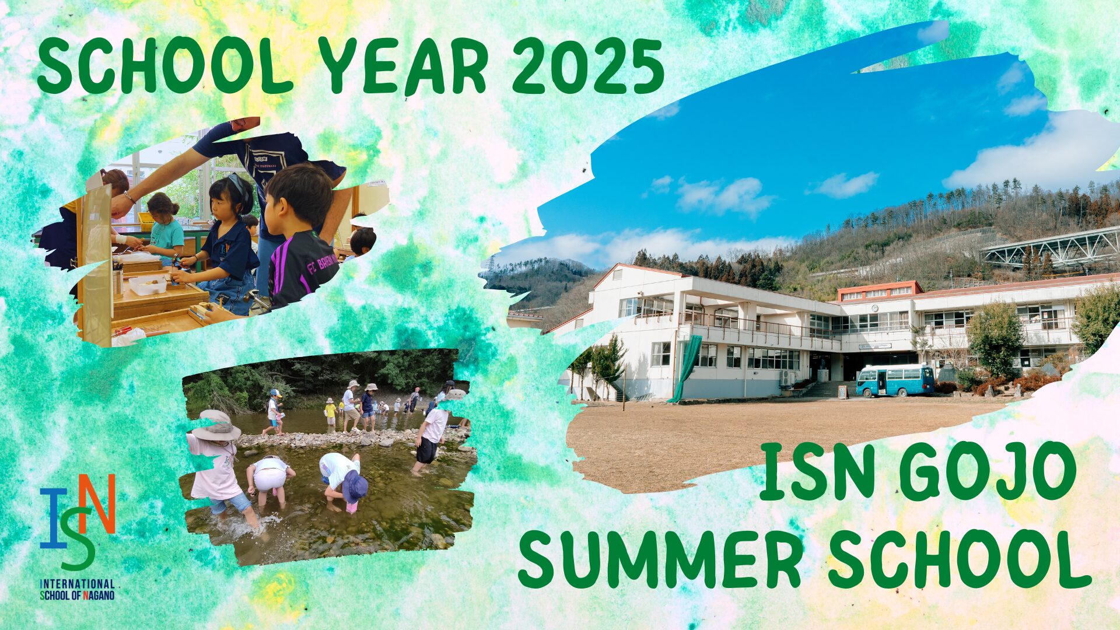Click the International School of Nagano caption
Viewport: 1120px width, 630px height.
pos(77,589)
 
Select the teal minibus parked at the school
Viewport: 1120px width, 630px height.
pos(895,380)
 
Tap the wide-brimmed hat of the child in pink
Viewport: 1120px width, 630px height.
pos(216,425)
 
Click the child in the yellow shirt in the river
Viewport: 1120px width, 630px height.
pos(331,411)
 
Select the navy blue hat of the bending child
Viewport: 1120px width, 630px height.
pos(355,487)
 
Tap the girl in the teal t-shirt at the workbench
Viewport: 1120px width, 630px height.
pos(166,228)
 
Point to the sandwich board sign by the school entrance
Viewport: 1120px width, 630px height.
pos(843,391)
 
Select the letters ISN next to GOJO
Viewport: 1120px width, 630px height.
pos(817,471)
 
